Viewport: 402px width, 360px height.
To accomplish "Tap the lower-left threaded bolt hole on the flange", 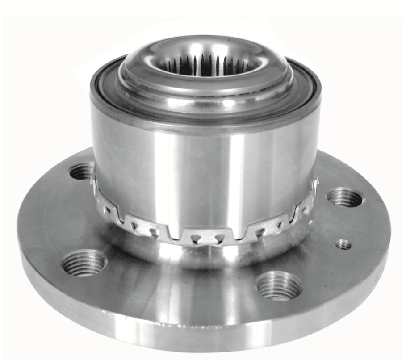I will (84, 263).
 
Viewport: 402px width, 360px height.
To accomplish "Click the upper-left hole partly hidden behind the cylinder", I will (83, 172).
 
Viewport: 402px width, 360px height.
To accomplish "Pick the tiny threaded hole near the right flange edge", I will (343, 244).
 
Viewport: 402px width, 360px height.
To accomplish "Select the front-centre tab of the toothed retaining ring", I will (207, 237).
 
